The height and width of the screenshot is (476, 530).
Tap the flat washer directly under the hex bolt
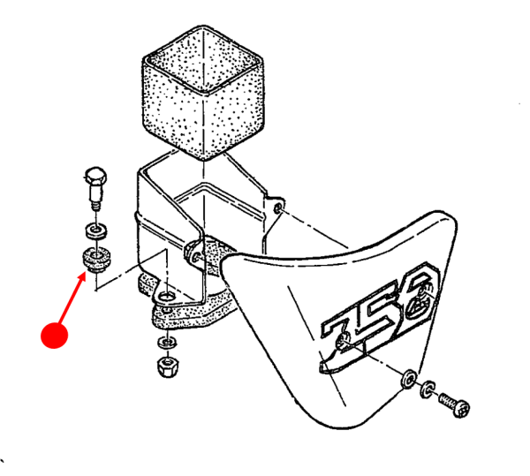94,231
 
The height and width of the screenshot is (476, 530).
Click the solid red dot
55,336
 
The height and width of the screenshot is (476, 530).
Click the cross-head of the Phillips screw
462,408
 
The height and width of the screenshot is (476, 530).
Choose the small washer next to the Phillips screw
427,388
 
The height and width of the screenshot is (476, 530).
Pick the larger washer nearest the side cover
409,378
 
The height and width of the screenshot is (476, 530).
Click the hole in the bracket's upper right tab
279,208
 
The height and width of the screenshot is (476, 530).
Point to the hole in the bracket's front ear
193,254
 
